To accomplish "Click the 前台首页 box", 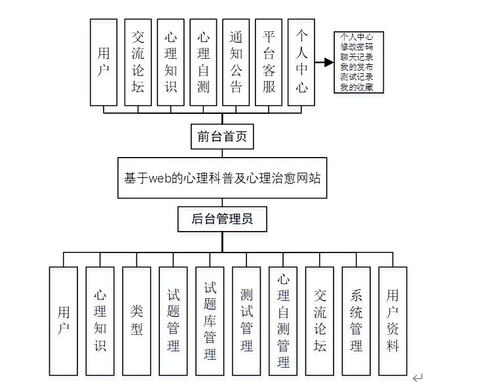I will (x=222, y=137).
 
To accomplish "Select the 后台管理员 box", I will (x=222, y=220).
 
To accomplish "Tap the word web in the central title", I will (x=160, y=178).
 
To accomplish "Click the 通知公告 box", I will (x=236, y=61).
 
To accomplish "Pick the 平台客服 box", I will (x=269, y=61).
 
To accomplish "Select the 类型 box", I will (x=136, y=321).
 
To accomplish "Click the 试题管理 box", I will (x=173, y=321).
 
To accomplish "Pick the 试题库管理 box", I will (x=210, y=321).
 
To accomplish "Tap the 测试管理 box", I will (x=246, y=321).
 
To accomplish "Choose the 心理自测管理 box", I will (x=283, y=321).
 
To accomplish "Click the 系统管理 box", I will (x=356, y=321).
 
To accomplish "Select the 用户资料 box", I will (x=392, y=321).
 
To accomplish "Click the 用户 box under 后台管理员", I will (x=64, y=321).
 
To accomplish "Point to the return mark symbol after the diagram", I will (x=417, y=377).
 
